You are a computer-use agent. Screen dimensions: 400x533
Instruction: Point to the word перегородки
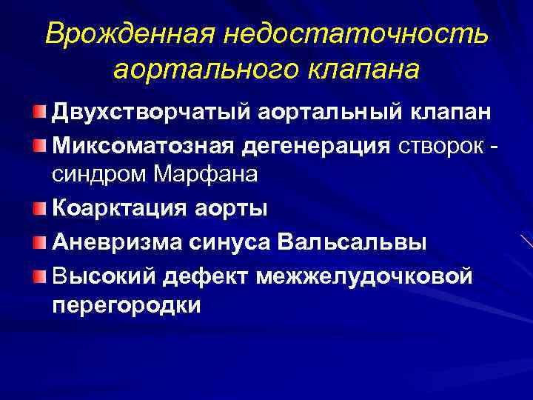click(127, 305)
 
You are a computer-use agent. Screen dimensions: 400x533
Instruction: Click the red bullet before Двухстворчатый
click(38, 111)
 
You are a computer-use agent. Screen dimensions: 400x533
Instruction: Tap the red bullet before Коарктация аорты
click(38, 208)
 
